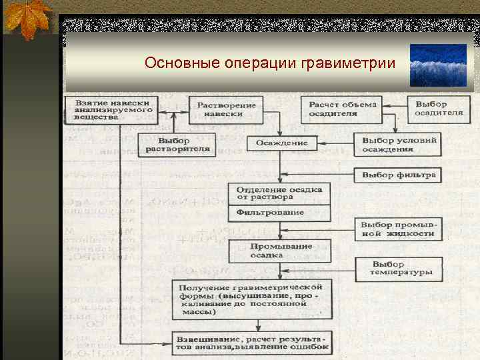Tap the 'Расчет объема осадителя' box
pos(343,109)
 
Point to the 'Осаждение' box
pos(282,143)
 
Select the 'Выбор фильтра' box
pos(399,175)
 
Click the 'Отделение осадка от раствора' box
pos(279,193)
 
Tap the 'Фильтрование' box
pos(279,213)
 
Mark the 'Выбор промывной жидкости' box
pos(398,229)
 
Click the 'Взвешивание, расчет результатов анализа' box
pos(252,342)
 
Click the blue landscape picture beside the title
pos(438,65)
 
